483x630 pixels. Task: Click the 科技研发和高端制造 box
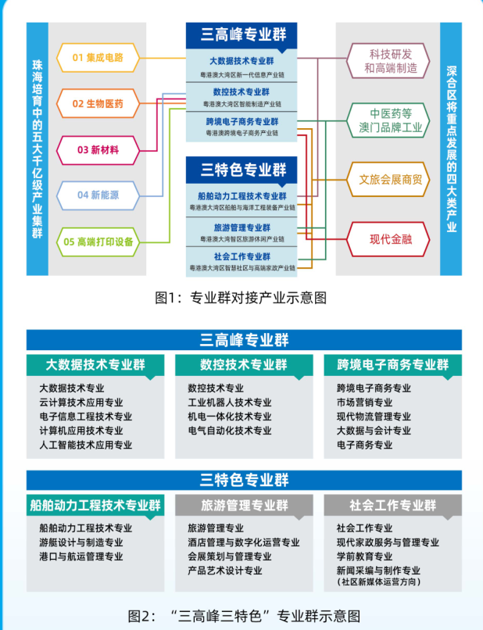388,61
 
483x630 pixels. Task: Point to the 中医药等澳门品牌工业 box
388,119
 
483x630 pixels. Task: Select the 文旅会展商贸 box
388,179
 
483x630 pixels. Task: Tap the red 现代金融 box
388,239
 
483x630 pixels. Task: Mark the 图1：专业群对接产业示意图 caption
241,297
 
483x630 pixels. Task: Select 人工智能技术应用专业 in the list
86,445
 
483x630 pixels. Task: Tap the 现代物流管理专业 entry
374,417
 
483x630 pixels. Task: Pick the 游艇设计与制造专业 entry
81,542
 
